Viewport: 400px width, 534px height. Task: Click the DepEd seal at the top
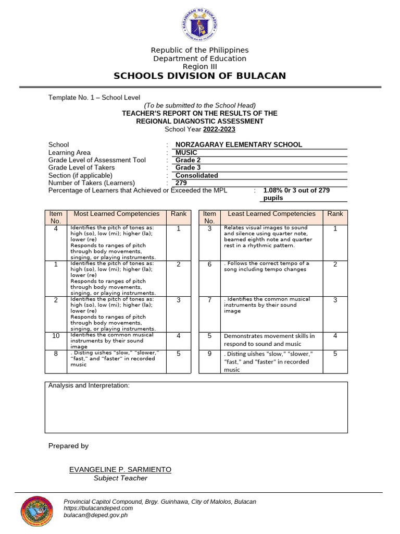point(200,26)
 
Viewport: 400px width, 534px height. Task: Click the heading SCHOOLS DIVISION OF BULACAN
point(200,76)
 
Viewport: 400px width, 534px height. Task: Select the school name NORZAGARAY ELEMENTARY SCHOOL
point(239,144)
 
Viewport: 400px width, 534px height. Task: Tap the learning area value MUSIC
point(186,152)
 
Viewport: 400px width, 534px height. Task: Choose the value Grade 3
point(188,167)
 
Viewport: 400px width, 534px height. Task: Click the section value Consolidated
point(196,175)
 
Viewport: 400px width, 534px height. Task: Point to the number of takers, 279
point(181,183)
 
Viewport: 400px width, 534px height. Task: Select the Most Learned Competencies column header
point(117,214)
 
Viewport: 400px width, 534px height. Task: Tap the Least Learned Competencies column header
point(271,214)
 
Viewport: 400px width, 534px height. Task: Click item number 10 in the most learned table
point(56,336)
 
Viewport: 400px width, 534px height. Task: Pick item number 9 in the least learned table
point(209,354)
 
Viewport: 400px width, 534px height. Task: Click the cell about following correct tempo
point(266,266)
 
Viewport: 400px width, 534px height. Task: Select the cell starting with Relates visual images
point(268,236)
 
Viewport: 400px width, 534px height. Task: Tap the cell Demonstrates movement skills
point(269,340)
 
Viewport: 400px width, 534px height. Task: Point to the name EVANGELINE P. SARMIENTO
point(120,469)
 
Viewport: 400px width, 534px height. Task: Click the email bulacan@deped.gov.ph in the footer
point(95,515)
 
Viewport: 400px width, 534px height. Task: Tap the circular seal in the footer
point(36,511)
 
